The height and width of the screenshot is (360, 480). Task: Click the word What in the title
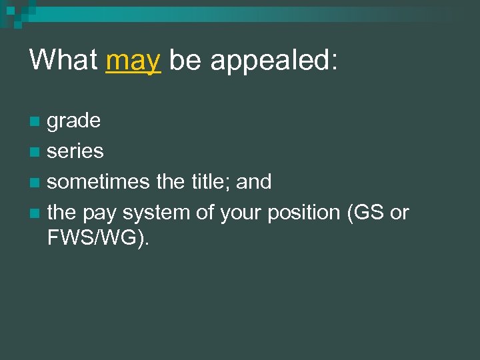click(x=63, y=60)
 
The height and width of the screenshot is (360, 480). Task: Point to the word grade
click(x=74, y=121)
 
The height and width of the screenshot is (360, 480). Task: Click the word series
click(x=75, y=151)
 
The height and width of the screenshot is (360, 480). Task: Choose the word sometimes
click(x=98, y=181)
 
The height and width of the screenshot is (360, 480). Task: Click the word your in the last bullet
click(x=238, y=213)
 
